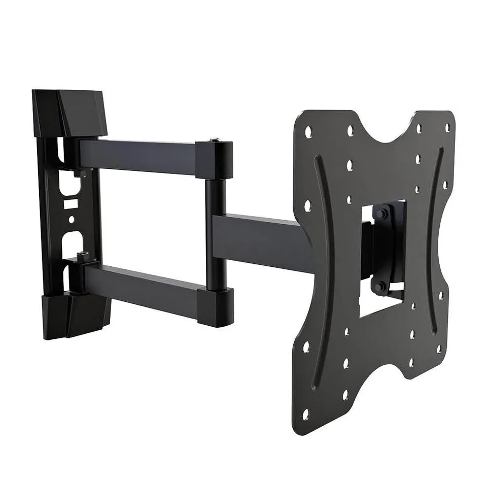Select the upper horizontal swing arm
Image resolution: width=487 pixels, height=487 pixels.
pos(137,156)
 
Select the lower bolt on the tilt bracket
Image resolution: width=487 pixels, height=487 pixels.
pos(379,287)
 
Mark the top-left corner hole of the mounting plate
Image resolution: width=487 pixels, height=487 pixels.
pos(308,133)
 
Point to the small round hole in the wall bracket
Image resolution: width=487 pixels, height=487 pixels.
pos(72,219)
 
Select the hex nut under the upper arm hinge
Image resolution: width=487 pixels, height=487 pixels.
pos(77,174)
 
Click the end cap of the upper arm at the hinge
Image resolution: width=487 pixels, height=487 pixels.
pos(215,159)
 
